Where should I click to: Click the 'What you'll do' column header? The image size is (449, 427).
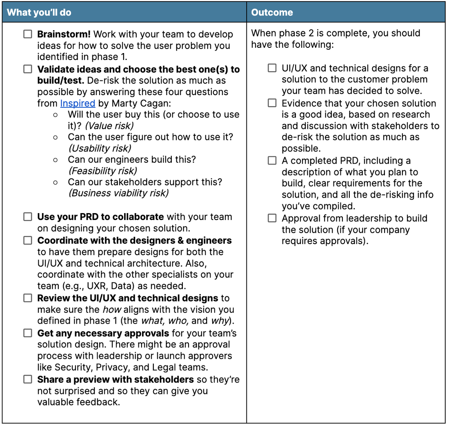[x=39, y=12]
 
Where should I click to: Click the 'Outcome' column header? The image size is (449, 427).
[x=272, y=12]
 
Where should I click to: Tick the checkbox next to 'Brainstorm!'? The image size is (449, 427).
[x=27, y=34]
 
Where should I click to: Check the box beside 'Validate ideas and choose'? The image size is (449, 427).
[x=27, y=69]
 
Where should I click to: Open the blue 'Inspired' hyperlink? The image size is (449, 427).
[x=78, y=103]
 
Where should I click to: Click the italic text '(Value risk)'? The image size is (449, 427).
[x=109, y=126]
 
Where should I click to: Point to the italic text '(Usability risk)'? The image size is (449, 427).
[x=100, y=148]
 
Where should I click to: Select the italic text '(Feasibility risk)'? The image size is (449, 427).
[x=102, y=171]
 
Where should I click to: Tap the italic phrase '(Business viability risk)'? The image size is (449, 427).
[x=118, y=193]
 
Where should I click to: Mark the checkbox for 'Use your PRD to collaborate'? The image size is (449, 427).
[x=27, y=217]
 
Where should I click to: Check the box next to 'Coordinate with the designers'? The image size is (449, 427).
[x=27, y=240]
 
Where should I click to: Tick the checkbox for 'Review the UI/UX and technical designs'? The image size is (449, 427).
[x=27, y=298]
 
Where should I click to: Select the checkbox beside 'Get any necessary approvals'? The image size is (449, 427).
[x=27, y=333]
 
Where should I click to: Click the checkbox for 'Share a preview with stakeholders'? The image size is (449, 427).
[x=27, y=379]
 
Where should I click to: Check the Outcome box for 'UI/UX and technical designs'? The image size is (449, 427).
[x=272, y=68]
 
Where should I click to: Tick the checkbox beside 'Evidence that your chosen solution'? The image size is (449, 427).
[x=272, y=103]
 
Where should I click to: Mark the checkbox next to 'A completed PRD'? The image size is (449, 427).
[x=272, y=160]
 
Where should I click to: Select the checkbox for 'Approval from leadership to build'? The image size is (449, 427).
[x=272, y=218]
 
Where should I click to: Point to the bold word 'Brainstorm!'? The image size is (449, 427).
[x=64, y=34]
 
